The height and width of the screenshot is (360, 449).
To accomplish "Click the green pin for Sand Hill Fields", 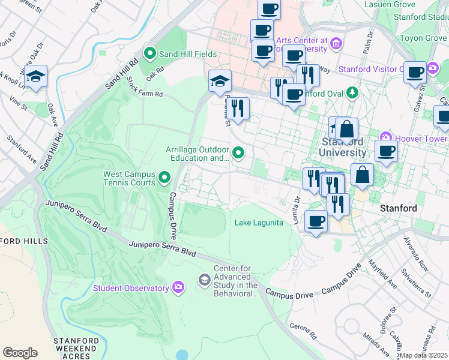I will (x=150, y=54).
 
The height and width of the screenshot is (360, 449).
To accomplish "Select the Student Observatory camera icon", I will (x=178, y=288).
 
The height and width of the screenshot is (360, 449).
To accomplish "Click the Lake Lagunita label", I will (x=259, y=223).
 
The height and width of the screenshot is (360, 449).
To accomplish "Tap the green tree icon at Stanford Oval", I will (x=353, y=93).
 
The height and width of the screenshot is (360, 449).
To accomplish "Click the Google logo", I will (x=20, y=353).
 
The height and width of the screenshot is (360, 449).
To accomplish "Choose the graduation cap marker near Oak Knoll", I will (x=35, y=77).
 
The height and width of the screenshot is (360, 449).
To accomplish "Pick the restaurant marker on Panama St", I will (x=238, y=108).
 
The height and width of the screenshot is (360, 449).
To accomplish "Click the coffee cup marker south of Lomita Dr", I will (x=316, y=221).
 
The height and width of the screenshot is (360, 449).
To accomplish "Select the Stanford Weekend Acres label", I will (x=74, y=348).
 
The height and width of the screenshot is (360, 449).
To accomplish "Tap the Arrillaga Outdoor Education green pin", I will (x=239, y=154).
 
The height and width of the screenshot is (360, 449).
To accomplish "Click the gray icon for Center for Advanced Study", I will (x=205, y=280).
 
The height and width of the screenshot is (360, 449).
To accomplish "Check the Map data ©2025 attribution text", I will (x=424, y=355).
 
